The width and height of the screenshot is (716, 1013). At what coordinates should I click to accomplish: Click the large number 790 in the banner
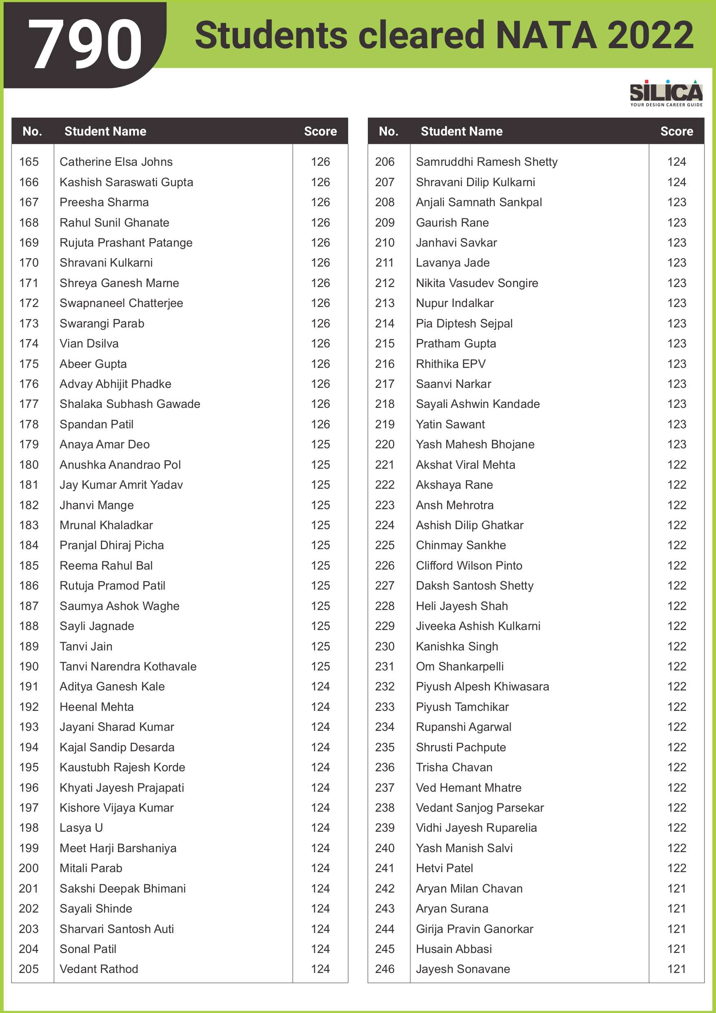(85, 45)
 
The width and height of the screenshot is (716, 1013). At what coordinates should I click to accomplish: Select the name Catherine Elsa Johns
(116, 162)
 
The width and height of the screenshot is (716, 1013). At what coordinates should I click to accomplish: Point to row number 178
(29, 425)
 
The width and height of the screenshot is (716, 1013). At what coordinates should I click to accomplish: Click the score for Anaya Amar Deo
(320, 444)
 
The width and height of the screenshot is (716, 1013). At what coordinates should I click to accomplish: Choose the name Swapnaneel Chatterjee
(121, 303)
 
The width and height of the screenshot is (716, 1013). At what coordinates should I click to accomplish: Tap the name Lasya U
(81, 828)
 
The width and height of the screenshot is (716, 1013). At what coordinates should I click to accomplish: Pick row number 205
(29, 969)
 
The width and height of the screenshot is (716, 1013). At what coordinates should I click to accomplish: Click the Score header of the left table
(320, 131)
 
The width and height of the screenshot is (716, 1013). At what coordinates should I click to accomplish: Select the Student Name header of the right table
(461, 131)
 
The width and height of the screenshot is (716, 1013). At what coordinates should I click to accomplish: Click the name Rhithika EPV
(450, 364)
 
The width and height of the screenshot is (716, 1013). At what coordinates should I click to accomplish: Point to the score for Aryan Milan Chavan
(676, 888)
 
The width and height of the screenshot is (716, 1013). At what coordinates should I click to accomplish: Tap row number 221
(385, 465)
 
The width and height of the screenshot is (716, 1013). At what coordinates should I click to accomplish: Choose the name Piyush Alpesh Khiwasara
(482, 686)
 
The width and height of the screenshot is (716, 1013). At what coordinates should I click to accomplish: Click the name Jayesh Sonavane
(463, 969)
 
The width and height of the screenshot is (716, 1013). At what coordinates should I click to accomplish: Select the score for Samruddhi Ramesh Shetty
(676, 162)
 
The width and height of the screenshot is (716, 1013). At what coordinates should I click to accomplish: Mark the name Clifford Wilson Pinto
(469, 565)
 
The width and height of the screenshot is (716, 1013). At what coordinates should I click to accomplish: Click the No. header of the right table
(388, 131)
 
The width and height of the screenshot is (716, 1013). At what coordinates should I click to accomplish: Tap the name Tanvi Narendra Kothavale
(128, 666)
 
